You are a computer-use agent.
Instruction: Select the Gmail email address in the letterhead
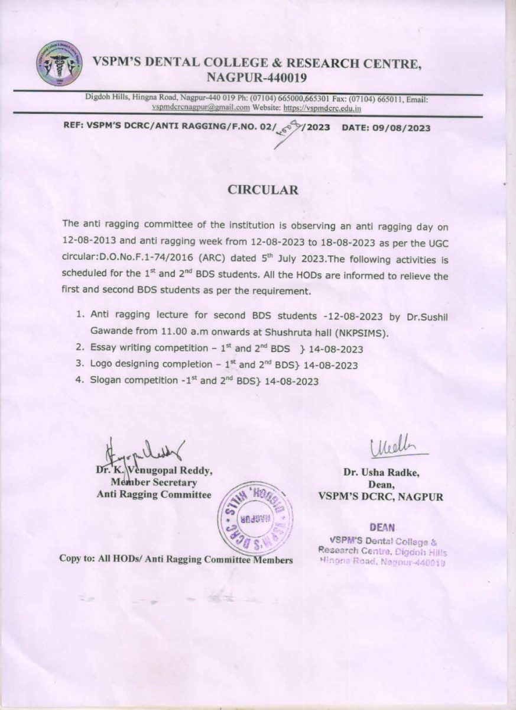coord(200,108)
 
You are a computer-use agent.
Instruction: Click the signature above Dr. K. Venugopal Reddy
coord(145,453)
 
